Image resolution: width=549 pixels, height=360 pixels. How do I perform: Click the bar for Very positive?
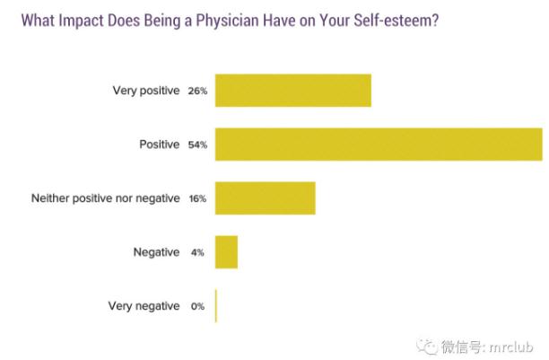click(292, 91)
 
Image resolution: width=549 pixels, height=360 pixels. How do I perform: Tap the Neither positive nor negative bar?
click(265, 198)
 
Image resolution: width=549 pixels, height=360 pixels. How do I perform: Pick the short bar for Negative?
click(226, 252)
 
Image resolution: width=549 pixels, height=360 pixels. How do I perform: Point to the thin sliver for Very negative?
click(216, 306)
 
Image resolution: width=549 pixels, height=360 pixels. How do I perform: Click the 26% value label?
click(197, 91)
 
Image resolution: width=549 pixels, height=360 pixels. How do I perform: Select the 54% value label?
click(197, 145)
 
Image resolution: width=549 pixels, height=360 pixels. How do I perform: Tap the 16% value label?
click(197, 198)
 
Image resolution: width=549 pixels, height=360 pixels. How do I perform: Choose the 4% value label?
click(197, 252)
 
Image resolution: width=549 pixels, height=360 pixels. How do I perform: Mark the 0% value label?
click(197, 306)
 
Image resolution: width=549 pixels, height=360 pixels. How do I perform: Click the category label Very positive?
click(146, 91)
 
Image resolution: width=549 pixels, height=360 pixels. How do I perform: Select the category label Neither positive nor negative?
click(106, 198)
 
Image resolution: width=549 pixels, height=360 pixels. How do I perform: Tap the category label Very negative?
click(144, 306)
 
